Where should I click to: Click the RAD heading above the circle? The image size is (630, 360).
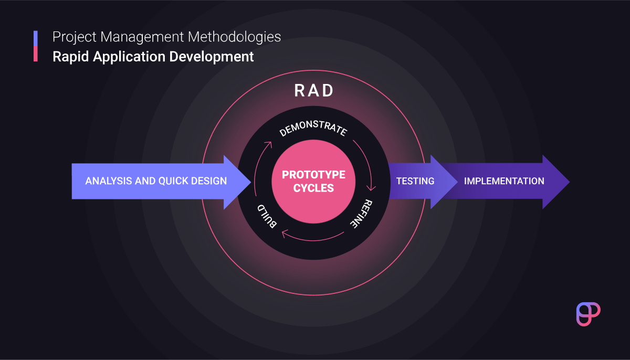coord(314,91)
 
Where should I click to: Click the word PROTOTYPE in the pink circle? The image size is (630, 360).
coord(313,175)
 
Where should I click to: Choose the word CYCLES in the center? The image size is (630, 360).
coord(313,188)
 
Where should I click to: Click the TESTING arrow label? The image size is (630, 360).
coord(415,181)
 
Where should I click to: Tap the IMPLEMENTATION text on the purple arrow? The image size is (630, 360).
coord(504,181)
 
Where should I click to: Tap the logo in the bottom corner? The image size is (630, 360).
coord(588,314)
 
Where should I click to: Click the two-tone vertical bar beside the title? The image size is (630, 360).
coord(36,46)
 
